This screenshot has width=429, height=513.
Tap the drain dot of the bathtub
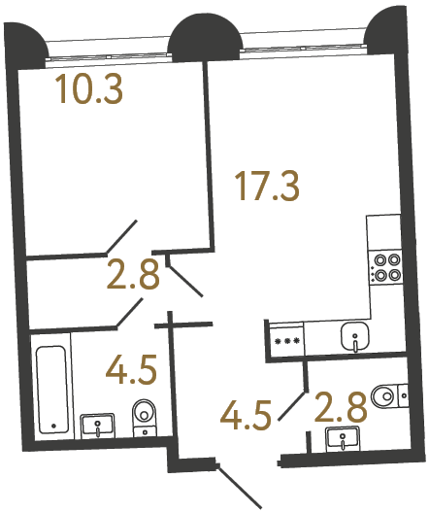point(51,426)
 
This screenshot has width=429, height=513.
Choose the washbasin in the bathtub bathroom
point(98,425)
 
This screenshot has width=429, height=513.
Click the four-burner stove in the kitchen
point(386,266)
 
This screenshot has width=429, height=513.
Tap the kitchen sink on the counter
point(356,338)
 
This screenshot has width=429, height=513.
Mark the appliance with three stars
point(287,341)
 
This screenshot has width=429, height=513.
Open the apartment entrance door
point(240,486)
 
